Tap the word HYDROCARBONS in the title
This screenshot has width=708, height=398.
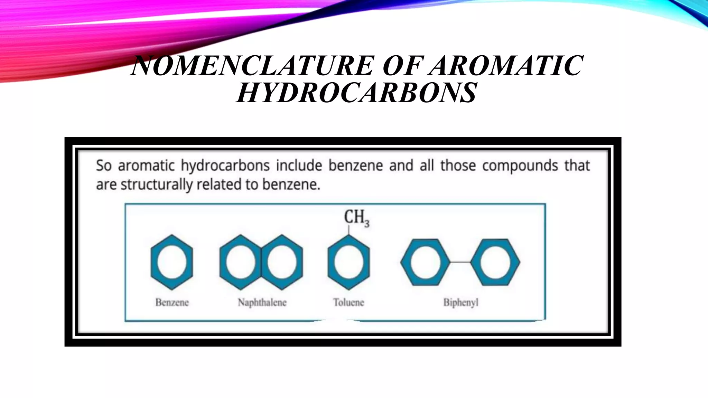click(356, 93)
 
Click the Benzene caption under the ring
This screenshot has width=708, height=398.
click(172, 303)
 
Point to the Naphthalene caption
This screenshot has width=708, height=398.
click(262, 303)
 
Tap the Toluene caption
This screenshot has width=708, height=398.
click(348, 303)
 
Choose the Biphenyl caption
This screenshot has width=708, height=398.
click(461, 303)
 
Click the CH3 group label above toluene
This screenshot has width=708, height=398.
click(356, 218)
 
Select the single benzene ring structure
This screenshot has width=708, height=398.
click(172, 262)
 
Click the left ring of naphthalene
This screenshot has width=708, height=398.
click(240, 262)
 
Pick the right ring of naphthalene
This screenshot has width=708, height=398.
click(282, 262)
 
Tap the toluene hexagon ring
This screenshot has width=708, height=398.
click(348, 262)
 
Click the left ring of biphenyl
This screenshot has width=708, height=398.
click(425, 262)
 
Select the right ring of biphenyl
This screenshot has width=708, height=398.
click(495, 262)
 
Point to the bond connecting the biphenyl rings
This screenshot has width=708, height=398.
click(460, 262)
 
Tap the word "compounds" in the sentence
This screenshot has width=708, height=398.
click(520, 166)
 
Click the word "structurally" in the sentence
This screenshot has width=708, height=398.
click(157, 185)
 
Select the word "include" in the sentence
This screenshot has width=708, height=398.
click(299, 166)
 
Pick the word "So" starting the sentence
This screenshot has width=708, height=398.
click(103, 166)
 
